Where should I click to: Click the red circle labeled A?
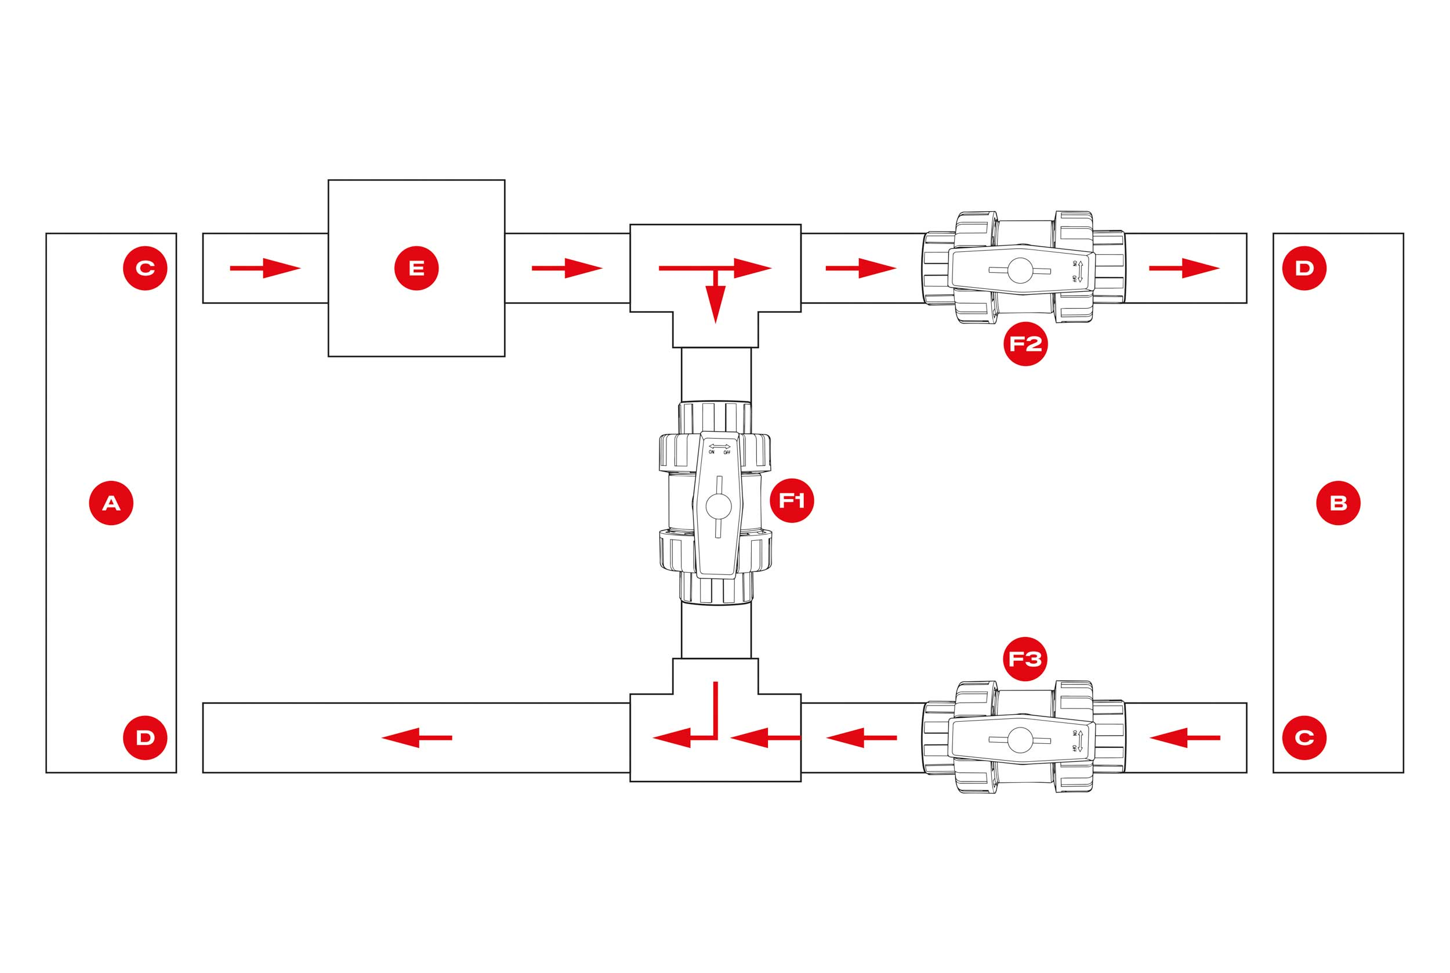tap(111, 502)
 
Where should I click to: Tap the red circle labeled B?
tap(1339, 502)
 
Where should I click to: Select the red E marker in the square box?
tap(416, 268)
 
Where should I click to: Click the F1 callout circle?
tap(791, 500)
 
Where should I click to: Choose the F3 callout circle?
tap(1025, 659)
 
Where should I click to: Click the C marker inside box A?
tap(145, 268)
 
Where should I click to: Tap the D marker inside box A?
tap(145, 738)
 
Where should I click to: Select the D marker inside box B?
tap(1304, 268)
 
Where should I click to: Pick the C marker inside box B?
tap(1304, 738)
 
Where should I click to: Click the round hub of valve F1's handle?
tap(719, 507)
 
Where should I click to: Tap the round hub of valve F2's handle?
tap(1021, 270)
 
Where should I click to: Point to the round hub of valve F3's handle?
tap(1021, 740)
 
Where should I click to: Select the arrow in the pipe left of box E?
tap(265, 268)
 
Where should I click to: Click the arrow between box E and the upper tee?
tap(567, 268)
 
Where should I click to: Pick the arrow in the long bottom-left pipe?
tap(417, 738)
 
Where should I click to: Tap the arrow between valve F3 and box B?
tap(1184, 738)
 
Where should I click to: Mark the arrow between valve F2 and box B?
tap(1184, 268)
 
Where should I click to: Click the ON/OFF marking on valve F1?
tap(719, 448)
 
